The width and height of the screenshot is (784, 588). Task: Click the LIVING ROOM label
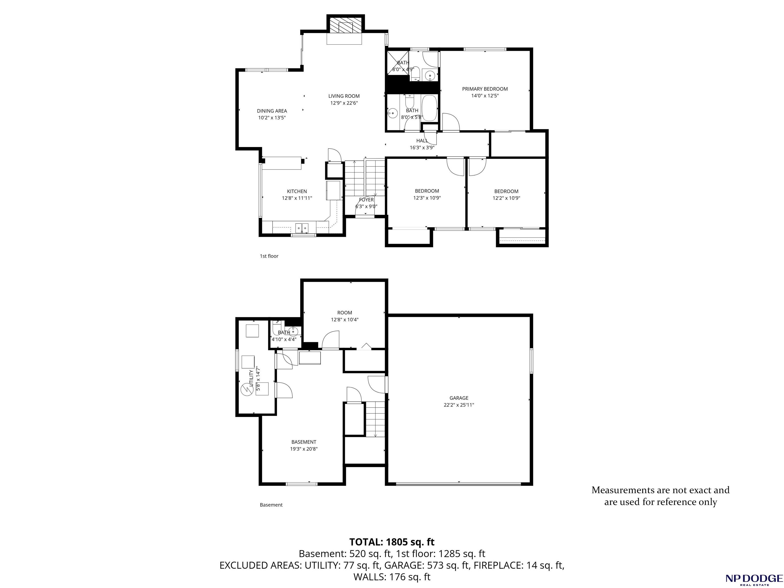(x=344, y=96)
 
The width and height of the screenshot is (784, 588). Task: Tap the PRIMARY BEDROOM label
(x=485, y=89)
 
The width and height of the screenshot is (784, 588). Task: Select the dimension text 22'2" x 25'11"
(x=459, y=405)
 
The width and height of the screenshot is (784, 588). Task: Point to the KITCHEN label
(x=297, y=191)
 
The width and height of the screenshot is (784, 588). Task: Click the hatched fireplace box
(x=346, y=25)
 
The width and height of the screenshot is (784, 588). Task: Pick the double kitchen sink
(x=302, y=227)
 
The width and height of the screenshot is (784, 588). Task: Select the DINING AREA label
(x=272, y=111)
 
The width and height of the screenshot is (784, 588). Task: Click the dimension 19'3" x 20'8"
(x=304, y=449)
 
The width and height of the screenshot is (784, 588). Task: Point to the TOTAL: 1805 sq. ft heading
(x=392, y=542)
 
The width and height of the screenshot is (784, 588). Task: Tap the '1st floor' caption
(x=269, y=256)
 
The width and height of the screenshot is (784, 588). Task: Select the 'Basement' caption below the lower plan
(x=271, y=505)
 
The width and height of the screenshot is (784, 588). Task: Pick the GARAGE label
(x=459, y=398)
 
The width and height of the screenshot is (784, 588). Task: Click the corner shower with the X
(x=397, y=63)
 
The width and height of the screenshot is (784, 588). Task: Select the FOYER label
(x=366, y=200)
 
